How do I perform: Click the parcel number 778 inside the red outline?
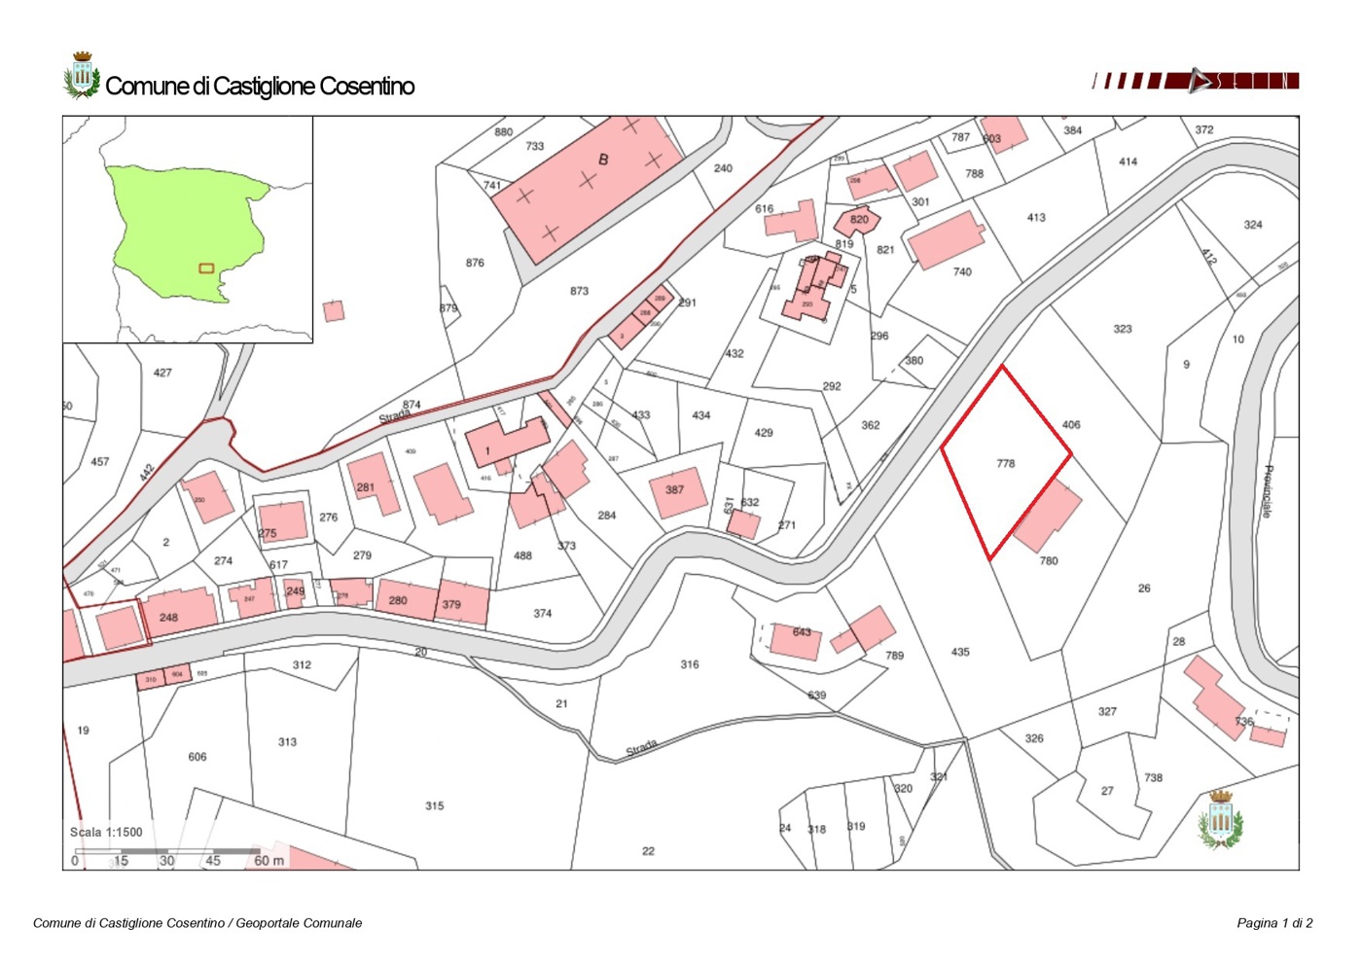click(1006, 464)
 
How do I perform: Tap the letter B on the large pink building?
click(603, 160)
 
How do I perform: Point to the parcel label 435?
click(960, 652)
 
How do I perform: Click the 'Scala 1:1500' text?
click(106, 833)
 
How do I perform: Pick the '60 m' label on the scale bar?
click(269, 861)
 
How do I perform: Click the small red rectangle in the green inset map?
click(206, 268)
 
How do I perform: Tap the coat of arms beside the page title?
click(82, 76)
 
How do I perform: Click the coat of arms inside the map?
click(1221, 819)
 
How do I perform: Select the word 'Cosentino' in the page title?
click(367, 87)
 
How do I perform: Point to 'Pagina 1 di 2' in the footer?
click(1274, 923)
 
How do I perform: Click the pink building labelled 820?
click(857, 221)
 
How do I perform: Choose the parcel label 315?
click(434, 805)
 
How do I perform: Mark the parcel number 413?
click(1036, 218)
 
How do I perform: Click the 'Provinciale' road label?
click(1267, 491)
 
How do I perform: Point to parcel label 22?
click(648, 851)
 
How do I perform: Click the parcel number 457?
click(99, 462)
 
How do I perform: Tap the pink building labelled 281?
click(374, 483)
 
